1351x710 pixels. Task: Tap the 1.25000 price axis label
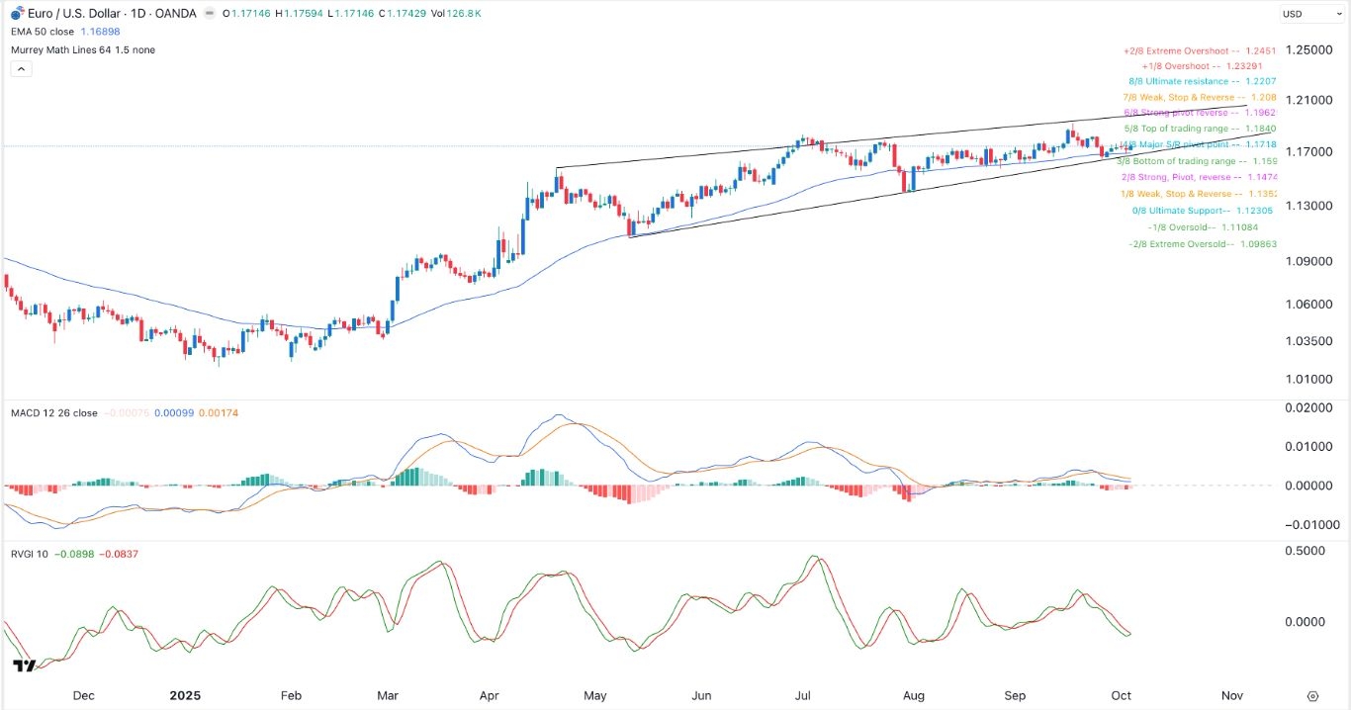coord(1312,49)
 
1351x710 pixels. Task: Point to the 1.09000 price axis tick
coord(1312,261)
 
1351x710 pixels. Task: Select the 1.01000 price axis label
coord(1312,379)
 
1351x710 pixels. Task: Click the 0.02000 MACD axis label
coord(1312,408)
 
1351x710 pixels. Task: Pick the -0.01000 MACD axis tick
coord(1312,524)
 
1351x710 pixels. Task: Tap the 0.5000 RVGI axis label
coord(1312,550)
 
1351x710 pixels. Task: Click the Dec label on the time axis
coord(83,695)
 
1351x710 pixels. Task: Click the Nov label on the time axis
coord(1230,695)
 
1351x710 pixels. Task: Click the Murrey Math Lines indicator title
coord(83,49)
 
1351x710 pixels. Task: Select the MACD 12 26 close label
coord(54,413)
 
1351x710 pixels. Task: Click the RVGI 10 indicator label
coord(30,554)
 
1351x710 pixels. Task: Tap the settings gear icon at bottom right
coord(1312,696)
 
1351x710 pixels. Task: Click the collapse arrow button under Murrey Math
coord(20,69)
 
